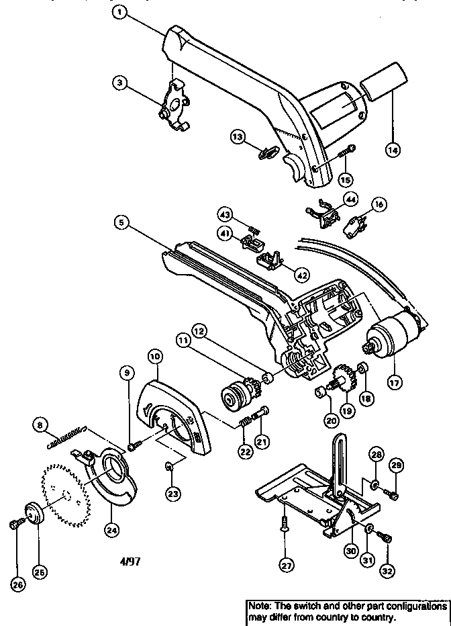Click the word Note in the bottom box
259,606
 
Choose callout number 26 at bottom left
17,585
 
